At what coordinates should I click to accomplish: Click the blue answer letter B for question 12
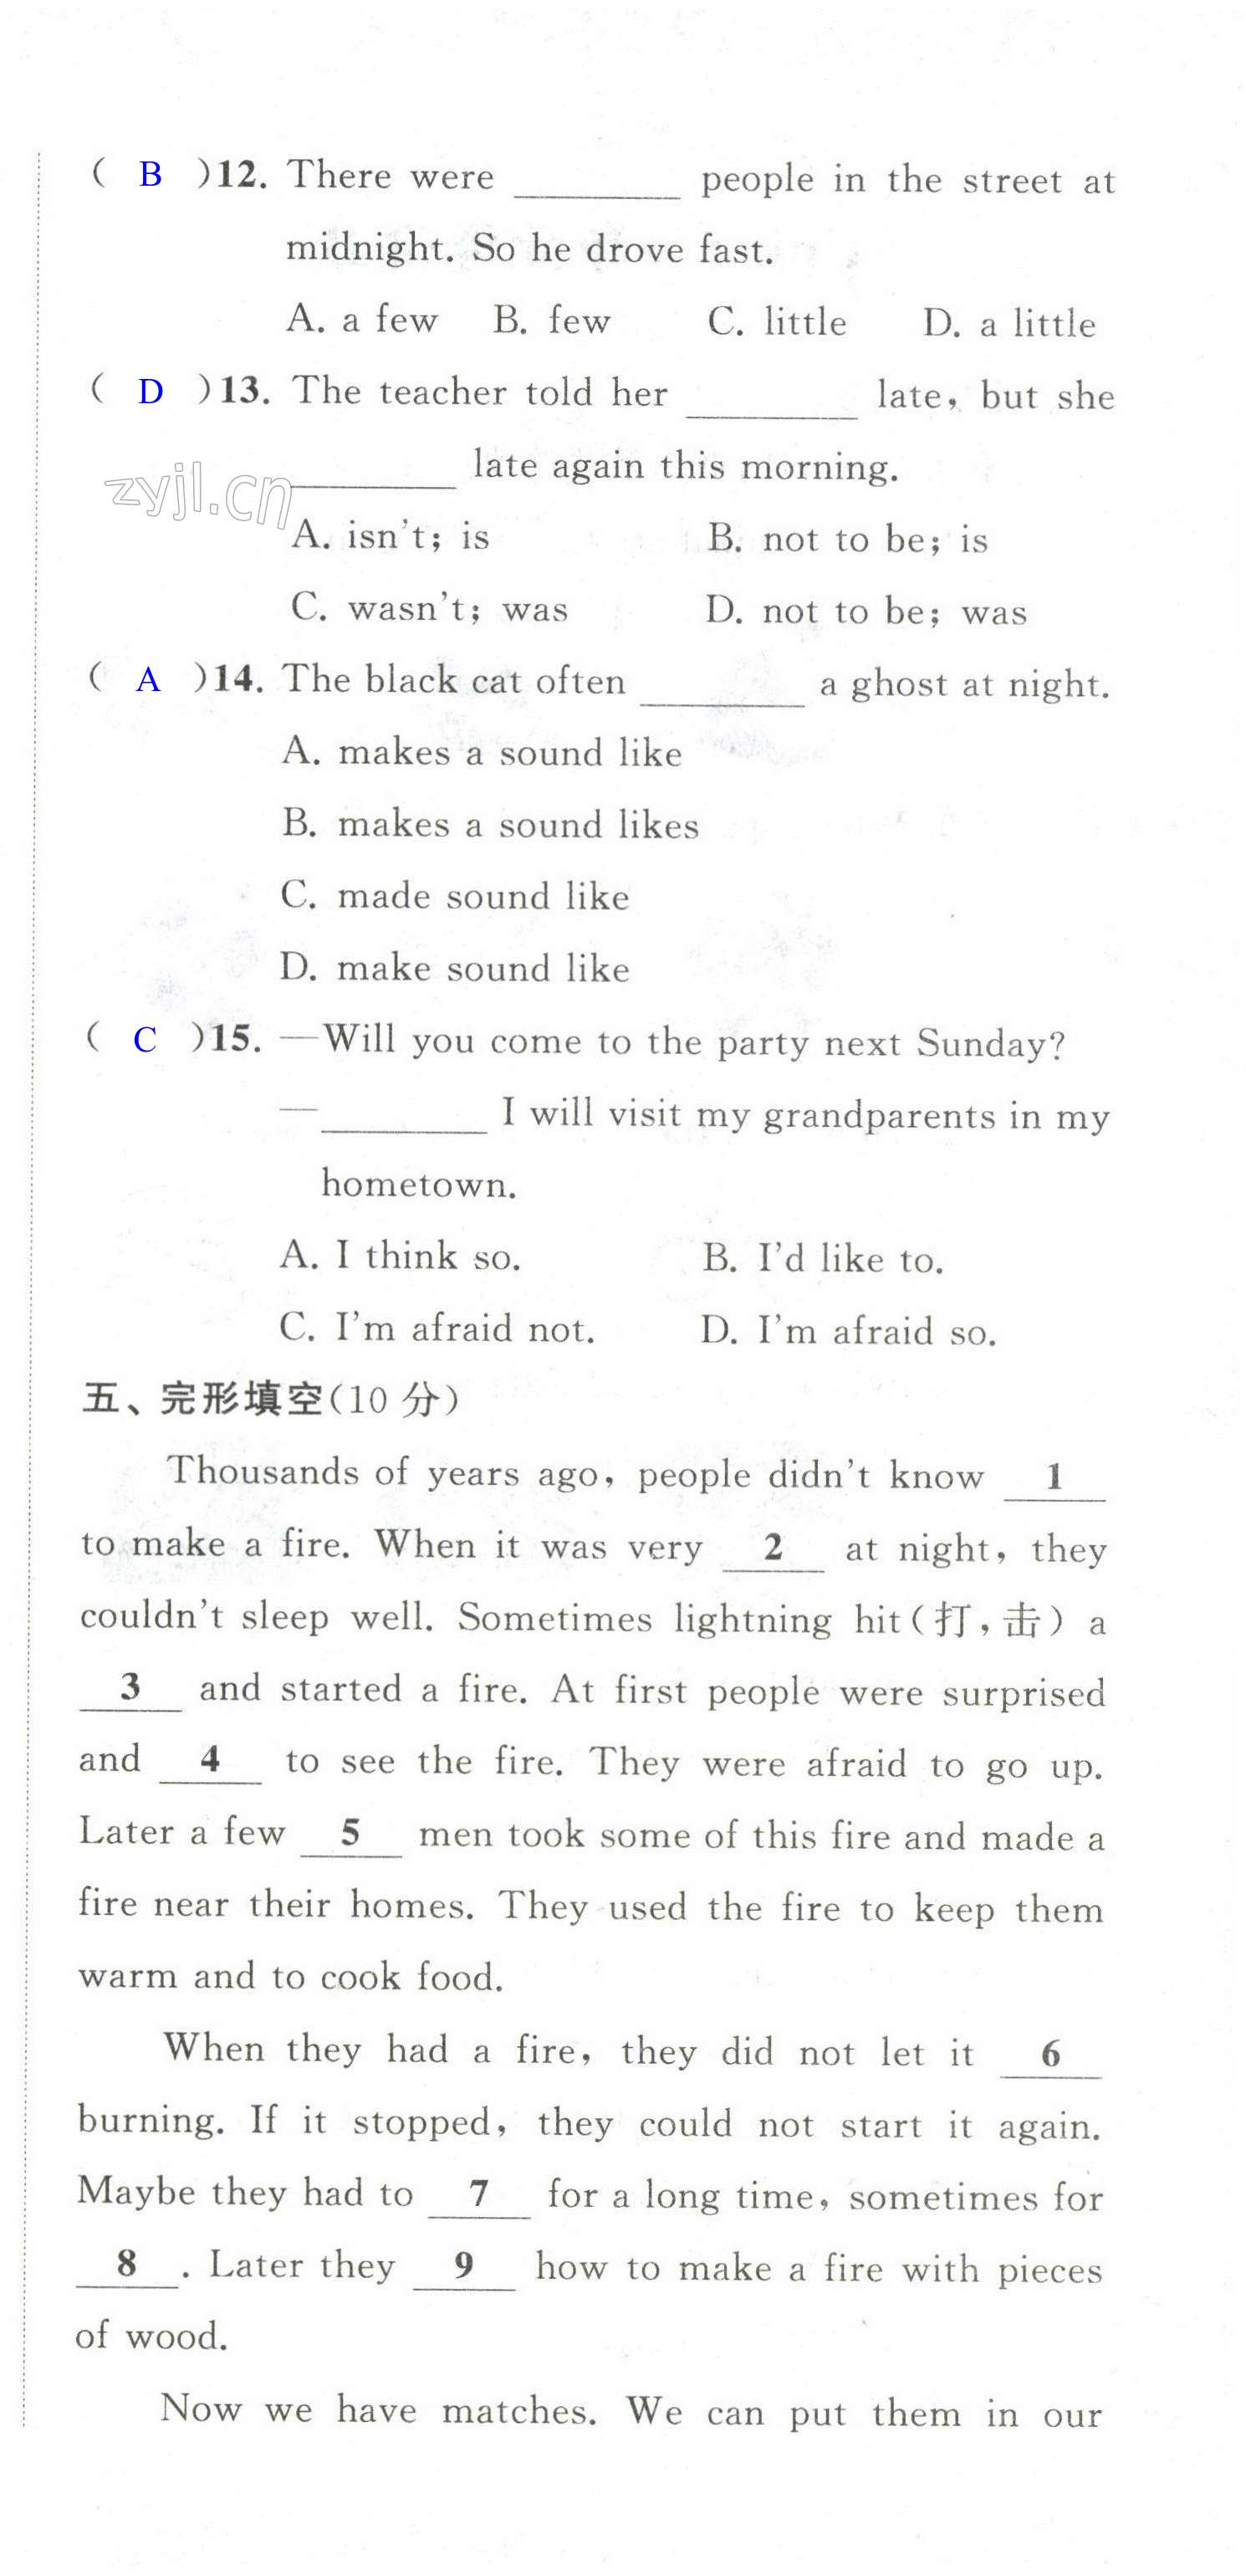[150, 175]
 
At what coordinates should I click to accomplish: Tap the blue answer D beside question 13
[150, 392]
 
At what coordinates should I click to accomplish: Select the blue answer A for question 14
[148, 681]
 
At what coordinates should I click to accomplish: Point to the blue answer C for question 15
[145, 1040]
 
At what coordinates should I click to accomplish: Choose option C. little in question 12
[776, 322]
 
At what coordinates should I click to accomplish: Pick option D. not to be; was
[866, 611]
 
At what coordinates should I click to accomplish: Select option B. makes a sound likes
[489, 825]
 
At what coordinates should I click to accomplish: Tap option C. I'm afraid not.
[437, 1328]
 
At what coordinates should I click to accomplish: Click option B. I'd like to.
[822, 1258]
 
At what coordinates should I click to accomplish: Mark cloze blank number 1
[1055, 1477]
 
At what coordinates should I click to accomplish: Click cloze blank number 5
[350, 1833]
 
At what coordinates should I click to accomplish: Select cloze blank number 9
[463, 2265]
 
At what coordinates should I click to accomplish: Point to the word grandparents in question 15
[879, 1115]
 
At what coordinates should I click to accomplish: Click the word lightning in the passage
[753, 1620]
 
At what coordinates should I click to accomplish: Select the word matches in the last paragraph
[518, 2411]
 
